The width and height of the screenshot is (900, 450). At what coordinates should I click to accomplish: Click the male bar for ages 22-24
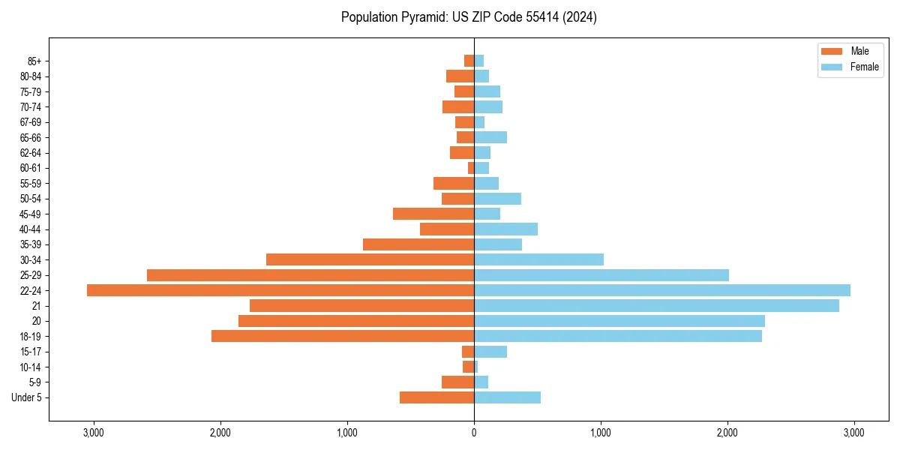tap(280, 290)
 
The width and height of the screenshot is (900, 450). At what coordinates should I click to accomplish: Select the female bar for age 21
tap(656, 305)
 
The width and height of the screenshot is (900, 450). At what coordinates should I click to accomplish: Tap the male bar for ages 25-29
tap(310, 275)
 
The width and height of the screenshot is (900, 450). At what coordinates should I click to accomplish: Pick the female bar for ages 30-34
tap(538, 259)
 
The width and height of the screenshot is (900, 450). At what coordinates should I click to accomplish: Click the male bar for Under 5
tap(436, 397)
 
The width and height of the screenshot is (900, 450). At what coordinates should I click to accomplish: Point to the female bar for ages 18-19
tap(618, 336)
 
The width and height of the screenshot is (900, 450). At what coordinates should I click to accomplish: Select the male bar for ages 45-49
tap(433, 214)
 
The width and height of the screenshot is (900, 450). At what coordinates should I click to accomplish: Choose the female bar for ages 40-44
tap(505, 229)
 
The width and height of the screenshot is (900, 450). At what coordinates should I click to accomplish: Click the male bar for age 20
tap(356, 321)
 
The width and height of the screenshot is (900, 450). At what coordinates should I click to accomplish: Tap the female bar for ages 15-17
tap(490, 352)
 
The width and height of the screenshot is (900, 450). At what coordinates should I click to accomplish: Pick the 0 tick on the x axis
tap(474, 433)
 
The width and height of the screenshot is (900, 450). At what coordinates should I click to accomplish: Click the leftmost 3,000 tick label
tap(94, 433)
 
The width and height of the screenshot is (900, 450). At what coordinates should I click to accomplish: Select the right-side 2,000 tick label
tap(727, 433)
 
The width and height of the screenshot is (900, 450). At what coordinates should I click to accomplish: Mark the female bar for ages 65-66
tap(490, 137)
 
